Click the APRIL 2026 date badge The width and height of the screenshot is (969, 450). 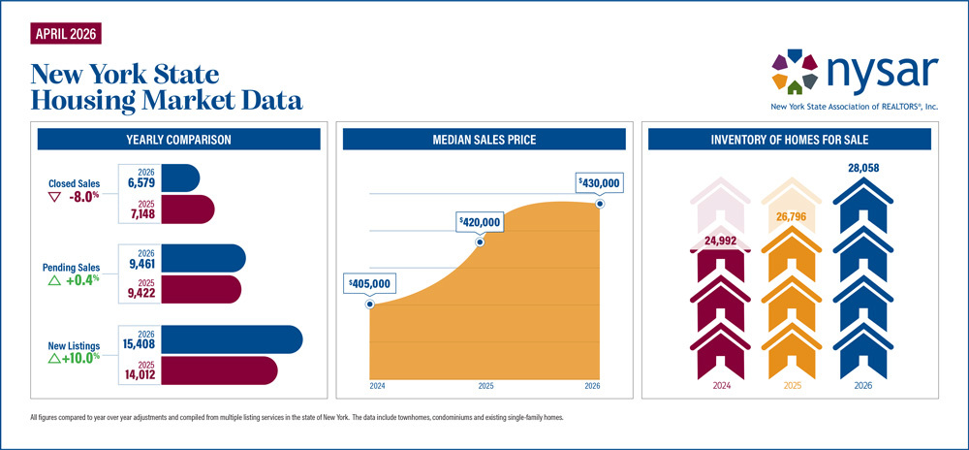click(x=66, y=33)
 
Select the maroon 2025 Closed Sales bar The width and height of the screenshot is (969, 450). click(x=189, y=209)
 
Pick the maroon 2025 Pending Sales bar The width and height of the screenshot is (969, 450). click(x=202, y=289)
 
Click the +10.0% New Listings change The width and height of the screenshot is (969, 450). click(x=74, y=357)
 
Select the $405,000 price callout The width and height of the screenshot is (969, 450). click(x=369, y=284)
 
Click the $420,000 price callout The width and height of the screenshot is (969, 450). click(x=480, y=222)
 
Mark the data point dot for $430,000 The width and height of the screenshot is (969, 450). click(x=600, y=203)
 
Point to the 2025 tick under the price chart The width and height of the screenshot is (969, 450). click(x=485, y=386)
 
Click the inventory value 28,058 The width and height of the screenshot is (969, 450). click(x=862, y=168)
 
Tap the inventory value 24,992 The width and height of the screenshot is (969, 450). click(x=721, y=241)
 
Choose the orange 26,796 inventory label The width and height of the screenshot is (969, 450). click(x=792, y=217)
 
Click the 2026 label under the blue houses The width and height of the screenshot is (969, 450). click(x=862, y=386)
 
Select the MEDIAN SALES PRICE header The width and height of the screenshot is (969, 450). click(x=484, y=140)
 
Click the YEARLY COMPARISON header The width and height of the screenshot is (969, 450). click(x=179, y=140)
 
